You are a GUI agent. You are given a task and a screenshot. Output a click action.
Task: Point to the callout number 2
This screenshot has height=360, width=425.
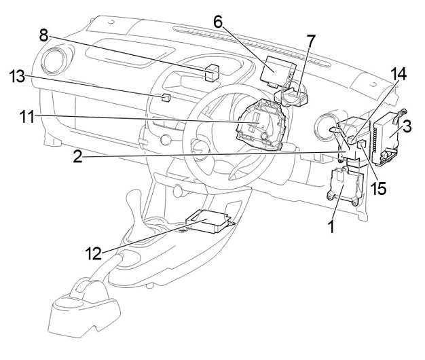click(x=78, y=157)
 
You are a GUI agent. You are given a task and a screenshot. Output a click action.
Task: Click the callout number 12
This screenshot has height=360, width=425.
click(x=93, y=254)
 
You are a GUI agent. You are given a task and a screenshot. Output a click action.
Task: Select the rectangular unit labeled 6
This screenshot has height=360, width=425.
click(x=277, y=70)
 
